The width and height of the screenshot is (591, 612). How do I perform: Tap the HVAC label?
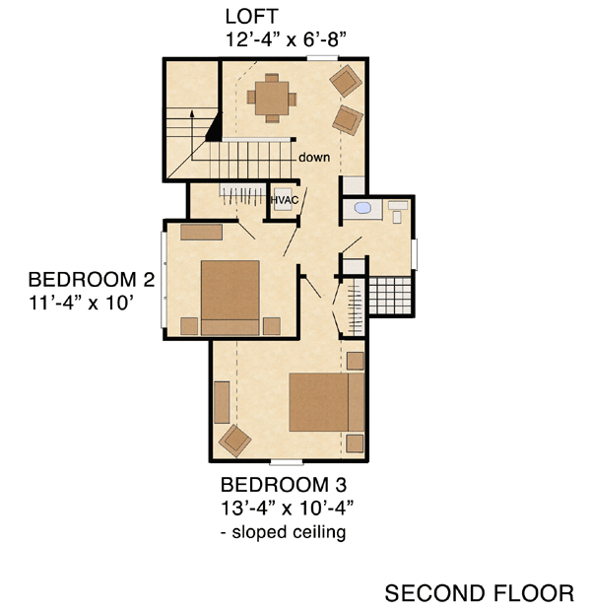point(285,200)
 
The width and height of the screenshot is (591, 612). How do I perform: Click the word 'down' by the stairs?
point(314,158)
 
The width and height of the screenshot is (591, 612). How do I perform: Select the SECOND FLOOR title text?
point(480,593)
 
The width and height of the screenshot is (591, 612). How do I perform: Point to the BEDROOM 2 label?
point(92,280)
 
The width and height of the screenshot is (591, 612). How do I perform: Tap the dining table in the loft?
point(272,98)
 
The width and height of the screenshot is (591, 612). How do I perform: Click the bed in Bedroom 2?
point(230,298)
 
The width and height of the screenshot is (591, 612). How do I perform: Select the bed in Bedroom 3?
point(326,402)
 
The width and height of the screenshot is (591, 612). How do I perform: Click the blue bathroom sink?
point(362,208)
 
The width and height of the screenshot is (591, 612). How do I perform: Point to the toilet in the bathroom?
point(398,212)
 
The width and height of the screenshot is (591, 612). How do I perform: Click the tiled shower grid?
point(390,296)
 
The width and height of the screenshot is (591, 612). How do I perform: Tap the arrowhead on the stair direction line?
point(192,113)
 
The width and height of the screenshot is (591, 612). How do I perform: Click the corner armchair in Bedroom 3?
point(234,441)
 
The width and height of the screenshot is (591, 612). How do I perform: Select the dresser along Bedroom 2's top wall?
point(201,233)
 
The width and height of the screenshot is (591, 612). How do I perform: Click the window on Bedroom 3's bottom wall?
point(287,463)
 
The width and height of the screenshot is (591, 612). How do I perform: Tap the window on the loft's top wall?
point(322,58)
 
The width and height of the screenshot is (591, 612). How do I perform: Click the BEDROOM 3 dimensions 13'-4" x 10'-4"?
point(287,509)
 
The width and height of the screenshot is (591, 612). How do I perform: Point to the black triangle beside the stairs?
point(215,128)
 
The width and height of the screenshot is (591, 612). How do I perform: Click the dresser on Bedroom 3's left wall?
point(222,402)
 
